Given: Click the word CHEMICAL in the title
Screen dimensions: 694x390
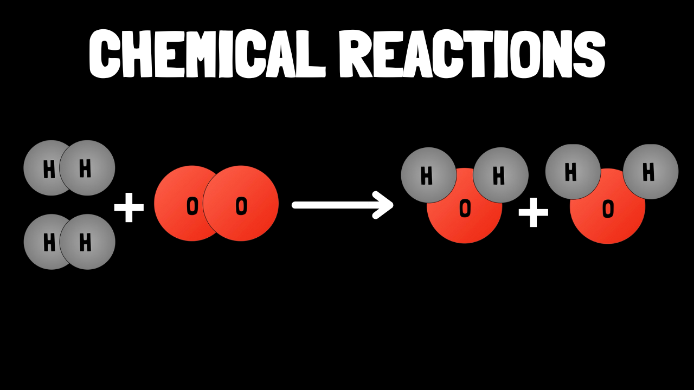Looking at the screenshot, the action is click(207, 54).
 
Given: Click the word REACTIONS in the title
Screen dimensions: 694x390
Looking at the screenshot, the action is click(472, 54).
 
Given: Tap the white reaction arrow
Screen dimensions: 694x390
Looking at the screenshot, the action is click(343, 205).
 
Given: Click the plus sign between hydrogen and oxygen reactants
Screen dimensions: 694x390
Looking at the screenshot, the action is click(129, 207).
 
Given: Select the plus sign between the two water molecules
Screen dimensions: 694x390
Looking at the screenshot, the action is click(533, 212).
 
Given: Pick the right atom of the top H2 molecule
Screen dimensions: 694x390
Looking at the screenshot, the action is click(87, 168).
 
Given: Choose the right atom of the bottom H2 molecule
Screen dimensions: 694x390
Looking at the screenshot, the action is click(88, 242).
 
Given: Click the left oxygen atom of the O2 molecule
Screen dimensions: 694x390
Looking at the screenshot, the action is click(183, 203).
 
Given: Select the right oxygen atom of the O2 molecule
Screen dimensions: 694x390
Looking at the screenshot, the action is click(241, 203).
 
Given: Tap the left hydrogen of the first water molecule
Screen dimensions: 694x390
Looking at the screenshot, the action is click(429, 175).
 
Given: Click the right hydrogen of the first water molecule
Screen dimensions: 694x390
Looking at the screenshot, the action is click(500, 175).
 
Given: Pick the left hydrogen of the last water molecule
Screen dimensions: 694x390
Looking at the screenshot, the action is click(573, 172).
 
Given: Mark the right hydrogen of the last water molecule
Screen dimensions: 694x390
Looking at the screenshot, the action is click(651, 172).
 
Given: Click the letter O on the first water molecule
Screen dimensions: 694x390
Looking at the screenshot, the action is click(465, 209).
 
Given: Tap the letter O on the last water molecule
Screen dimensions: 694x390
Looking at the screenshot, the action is click(608, 209).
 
